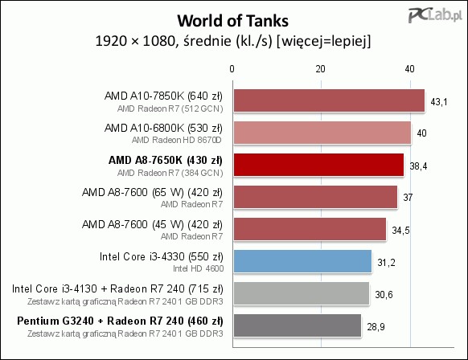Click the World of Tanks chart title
pyautogui.click(x=233, y=21)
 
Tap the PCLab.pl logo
pyautogui.click(x=435, y=15)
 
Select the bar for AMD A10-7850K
pyautogui.click(x=329, y=100)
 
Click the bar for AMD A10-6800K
pyautogui.click(x=322, y=133)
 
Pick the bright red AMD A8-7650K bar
pyautogui.click(x=318, y=165)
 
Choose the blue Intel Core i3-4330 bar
pyautogui.click(x=302, y=261)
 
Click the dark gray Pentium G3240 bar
pyautogui.click(x=298, y=325)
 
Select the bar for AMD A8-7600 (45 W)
pyautogui.click(x=310, y=229)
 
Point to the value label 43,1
pyautogui.click(x=439, y=102)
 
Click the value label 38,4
pyautogui.click(x=418, y=166)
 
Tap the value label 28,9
pyautogui.click(x=376, y=327)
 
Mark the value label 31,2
pyautogui.click(x=386, y=263)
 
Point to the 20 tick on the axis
pyautogui.click(x=320, y=69)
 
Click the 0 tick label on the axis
pyautogui.click(x=232, y=69)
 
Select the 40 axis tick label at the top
pyautogui.click(x=409, y=69)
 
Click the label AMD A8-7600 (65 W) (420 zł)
pyautogui.click(x=152, y=192)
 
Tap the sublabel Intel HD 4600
pyautogui.click(x=198, y=268)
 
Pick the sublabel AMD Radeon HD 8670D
pyautogui.click(x=177, y=140)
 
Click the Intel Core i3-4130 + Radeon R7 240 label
pyautogui.click(x=117, y=288)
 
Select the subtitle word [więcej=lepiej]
pyautogui.click(x=324, y=41)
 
